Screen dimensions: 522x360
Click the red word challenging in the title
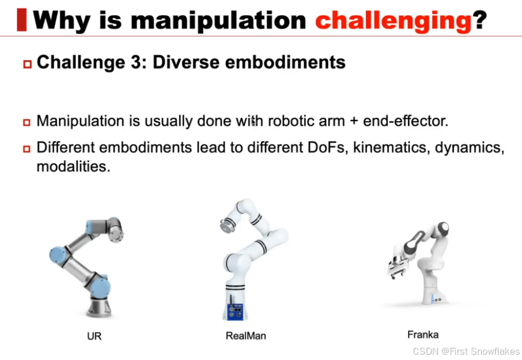[394, 20]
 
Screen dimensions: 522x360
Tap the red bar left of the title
[22, 20]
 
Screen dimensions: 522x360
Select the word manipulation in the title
[218, 20]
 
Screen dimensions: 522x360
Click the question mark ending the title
[480, 19]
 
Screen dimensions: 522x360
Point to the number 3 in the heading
[136, 63]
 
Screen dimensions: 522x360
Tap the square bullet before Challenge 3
[27, 64]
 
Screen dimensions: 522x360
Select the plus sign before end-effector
[354, 121]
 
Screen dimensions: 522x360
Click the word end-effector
[405, 120]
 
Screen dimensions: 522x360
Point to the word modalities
[73, 167]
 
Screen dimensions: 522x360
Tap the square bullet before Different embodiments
[27, 148]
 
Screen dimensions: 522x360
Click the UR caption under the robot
[94, 336]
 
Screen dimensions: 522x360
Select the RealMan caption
[246, 335]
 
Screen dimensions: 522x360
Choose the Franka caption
[423, 334]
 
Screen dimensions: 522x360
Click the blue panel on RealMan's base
[235, 311]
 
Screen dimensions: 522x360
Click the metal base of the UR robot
[99, 307]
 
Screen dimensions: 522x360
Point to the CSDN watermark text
[466, 351]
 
